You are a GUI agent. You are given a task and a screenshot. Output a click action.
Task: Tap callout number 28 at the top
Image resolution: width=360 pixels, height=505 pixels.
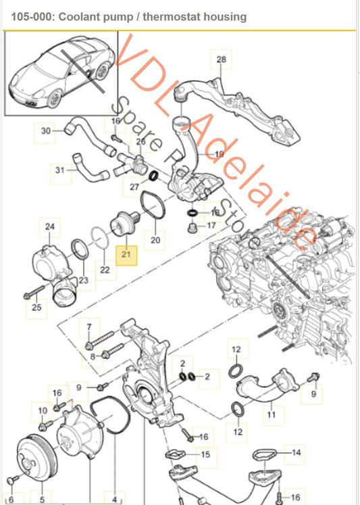pos(221,60)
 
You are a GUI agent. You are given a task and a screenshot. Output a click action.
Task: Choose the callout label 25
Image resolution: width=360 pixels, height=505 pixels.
pos(36,309)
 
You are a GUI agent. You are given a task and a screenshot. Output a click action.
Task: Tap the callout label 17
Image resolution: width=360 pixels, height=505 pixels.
pos(211,225)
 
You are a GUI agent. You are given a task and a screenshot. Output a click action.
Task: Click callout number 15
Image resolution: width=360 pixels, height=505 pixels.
pos(205,455)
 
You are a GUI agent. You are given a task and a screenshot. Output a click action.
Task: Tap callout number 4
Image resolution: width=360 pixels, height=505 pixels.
pos(115,500)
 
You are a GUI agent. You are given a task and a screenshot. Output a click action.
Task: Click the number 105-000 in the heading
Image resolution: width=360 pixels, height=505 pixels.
pos(26,16)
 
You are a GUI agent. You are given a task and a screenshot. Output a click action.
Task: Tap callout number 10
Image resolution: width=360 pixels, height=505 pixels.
pos(43,410)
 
